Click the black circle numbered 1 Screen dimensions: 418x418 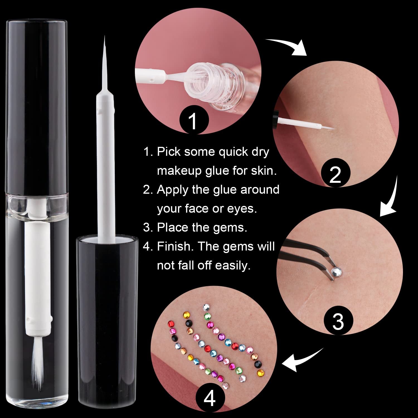coord(194,120)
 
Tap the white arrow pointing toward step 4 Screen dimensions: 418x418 coord(302,360)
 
